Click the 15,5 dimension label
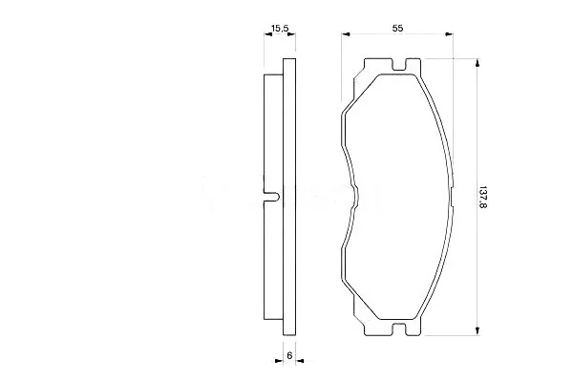[280, 28]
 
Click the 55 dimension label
[397, 28]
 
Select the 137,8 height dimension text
[483, 198]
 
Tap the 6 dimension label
[289, 355]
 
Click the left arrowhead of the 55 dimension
[346, 34]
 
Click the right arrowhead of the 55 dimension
[449, 34]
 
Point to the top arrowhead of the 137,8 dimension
[477, 63]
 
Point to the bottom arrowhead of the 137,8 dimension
[477, 330]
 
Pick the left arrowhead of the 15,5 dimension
[268, 34]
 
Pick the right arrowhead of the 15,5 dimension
[291, 34]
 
